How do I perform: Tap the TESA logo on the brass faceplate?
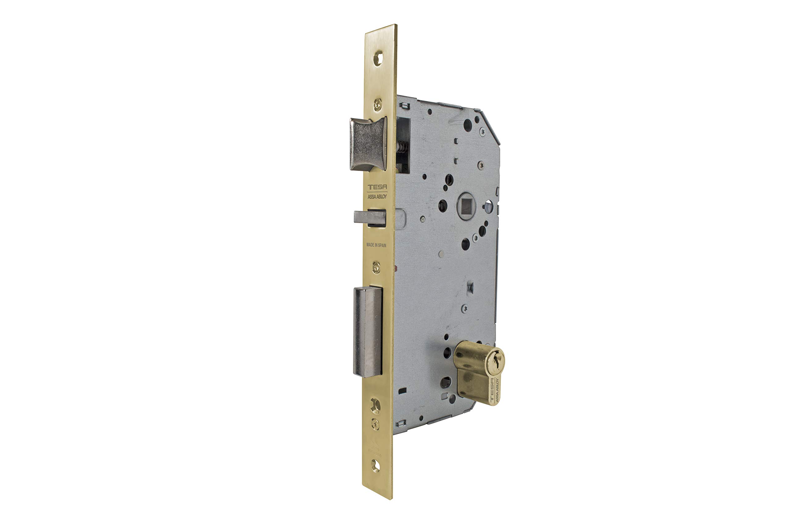(x=377, y=187)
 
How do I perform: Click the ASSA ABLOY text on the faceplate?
(x=377, y=197)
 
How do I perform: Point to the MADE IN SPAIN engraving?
(x=376, y=245)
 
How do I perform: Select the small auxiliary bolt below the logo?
(x=369, y=217)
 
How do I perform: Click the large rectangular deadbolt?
(x=368, y=332)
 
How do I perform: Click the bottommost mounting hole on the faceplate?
(x=376, y=466)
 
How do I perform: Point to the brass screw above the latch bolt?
(x=377, y=105)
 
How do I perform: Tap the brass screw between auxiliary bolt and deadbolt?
(x=376, y=267)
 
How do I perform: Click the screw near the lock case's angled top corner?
(x=482, y=131)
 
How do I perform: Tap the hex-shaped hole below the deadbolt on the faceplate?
(x=376, y=406)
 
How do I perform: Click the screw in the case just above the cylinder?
(x=464, y=309)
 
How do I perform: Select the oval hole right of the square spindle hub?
(x=488, y=206)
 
